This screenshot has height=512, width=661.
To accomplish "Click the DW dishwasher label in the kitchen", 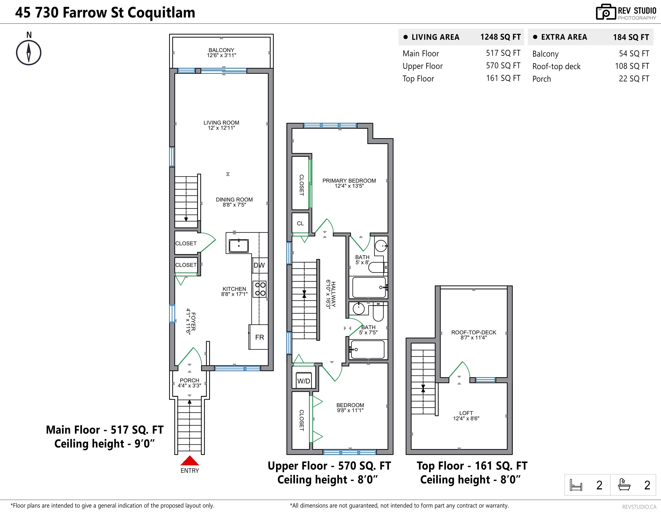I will point(259,266).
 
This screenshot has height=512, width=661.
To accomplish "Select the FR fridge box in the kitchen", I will point(259,337).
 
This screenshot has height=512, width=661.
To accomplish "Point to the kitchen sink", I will point(239,246).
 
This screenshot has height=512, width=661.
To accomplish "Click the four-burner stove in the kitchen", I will point(260,289).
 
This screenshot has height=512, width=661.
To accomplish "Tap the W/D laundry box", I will point(304,381).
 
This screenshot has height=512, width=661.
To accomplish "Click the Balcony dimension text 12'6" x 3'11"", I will point(221,55).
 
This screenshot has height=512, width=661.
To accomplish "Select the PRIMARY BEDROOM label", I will point(349,181).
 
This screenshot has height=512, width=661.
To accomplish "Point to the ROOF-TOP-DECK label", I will point(473,332).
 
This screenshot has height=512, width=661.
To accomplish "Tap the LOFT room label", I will point(466,413).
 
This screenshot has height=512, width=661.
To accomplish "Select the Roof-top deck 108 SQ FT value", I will point(632,66).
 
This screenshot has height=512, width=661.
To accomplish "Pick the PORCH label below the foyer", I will point(189,380).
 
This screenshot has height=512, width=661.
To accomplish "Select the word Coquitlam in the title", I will point(161,13).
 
